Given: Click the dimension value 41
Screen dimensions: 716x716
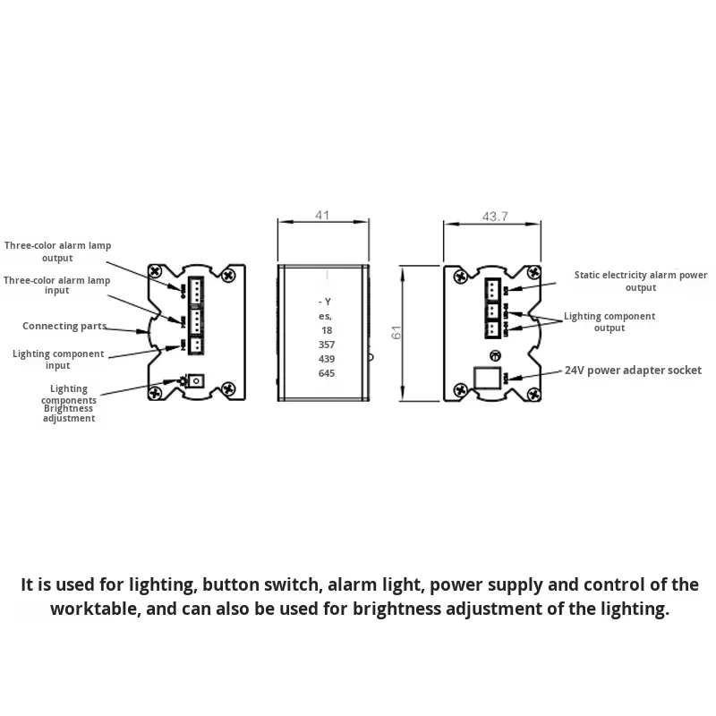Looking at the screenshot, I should tap(323, 215).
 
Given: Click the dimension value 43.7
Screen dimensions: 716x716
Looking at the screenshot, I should tap(495, 216).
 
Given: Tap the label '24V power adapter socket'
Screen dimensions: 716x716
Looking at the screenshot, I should tap(632, 370).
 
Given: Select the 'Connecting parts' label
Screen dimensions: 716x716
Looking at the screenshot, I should tap(64, 327).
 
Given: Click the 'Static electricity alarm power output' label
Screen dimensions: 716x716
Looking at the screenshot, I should tap(641, 281).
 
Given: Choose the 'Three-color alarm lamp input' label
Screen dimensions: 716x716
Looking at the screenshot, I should tap(56, 285).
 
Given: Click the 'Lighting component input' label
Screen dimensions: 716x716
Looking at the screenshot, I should tap(58, 359).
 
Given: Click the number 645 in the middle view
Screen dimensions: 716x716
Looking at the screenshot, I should tap(326, 373).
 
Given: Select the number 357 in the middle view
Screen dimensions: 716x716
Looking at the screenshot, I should tap(326, 345).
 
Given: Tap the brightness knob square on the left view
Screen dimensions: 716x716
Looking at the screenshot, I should tap(198, 380).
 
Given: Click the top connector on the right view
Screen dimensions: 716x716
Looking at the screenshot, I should tap(493, 289).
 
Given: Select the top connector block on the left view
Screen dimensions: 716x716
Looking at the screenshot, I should tap(196, 288).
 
